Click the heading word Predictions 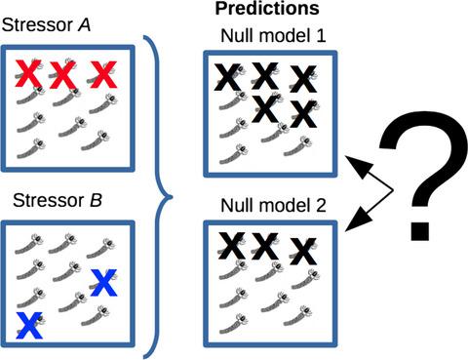click(x=270, y=10)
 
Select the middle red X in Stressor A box click(x=64, y=74)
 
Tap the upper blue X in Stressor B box click(x=104, y=281)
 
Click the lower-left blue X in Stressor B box click(x=31, y=325)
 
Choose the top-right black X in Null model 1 click(x=303, y=78)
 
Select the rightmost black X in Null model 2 click(x=304, y=248)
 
